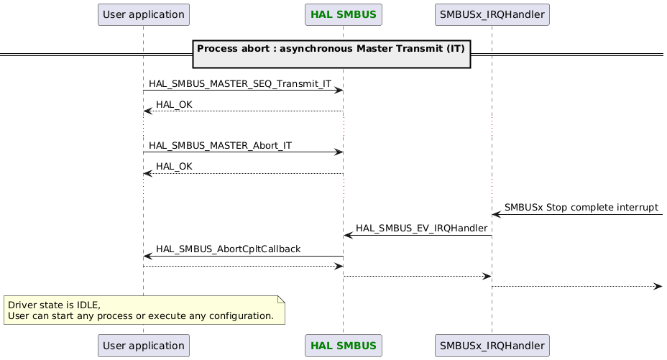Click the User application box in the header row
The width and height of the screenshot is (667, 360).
(x=143, y=14)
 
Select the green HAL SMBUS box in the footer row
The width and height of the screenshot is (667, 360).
(x=343, y=346)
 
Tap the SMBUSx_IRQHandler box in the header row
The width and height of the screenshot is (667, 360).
(x=492, y=14)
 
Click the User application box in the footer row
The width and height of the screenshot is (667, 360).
(x=143, y=346)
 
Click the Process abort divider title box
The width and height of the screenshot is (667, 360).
(x=331, y=54)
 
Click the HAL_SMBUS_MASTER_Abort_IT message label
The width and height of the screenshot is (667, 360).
(x=220, y=146)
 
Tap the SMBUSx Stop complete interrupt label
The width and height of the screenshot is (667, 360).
(x=581, y=208)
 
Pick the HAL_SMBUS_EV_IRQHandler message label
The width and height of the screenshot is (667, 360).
(x=422, y=229)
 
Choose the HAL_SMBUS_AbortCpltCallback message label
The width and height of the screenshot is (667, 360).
(x=228, y=249)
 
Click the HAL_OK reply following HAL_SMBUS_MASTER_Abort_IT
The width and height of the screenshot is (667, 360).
(x=174, y=167)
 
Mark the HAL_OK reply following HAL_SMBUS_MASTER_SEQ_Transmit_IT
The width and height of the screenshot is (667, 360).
(x=174, y=105)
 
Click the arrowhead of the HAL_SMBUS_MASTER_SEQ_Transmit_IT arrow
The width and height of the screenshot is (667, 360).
(x=339, y=91)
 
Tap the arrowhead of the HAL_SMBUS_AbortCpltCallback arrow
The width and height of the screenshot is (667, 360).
(x=147, y=256)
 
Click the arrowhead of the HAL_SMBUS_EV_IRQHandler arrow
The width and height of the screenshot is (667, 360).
(x=348, y=235)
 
